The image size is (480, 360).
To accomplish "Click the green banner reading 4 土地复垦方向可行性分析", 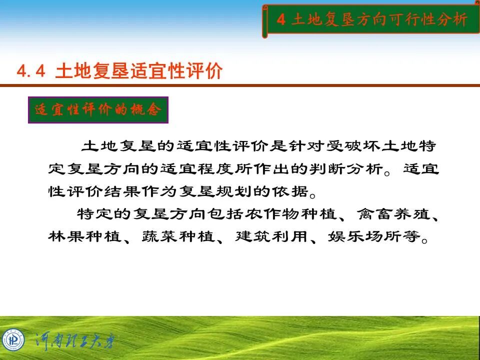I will tap(371, 20).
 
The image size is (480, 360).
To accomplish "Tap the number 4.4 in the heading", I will tap(31, 71).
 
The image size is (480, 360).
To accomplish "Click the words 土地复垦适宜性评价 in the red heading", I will tap(138, 71).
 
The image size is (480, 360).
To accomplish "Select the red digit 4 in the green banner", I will tap(281, 20).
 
